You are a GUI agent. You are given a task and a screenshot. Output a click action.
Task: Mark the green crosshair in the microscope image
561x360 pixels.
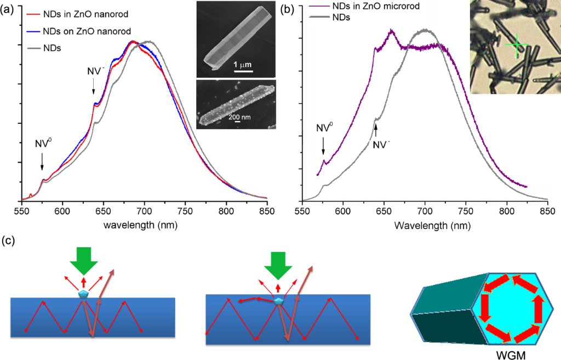point(516,46)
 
